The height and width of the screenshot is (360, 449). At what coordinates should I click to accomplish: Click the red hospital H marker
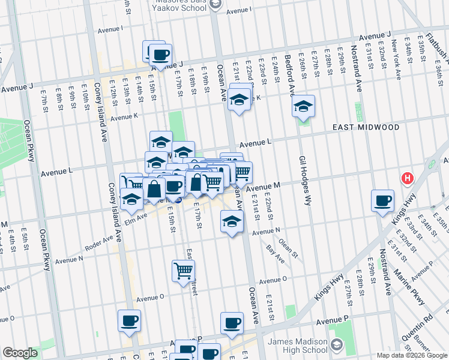coord(408,178)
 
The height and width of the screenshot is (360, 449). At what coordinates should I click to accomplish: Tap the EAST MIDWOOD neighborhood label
coord(366,128)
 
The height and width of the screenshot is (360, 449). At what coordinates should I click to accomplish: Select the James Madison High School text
coord(298,346)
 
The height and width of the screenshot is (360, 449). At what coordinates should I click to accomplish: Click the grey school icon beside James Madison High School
coord(337,346)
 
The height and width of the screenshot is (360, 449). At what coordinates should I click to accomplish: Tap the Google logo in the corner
coord(20,353)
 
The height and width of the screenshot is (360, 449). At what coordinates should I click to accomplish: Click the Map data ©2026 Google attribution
coord(411,355)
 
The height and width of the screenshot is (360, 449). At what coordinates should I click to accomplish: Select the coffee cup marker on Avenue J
coord(160,55)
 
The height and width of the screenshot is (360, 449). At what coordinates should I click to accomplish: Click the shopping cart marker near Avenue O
coord(183,270)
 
